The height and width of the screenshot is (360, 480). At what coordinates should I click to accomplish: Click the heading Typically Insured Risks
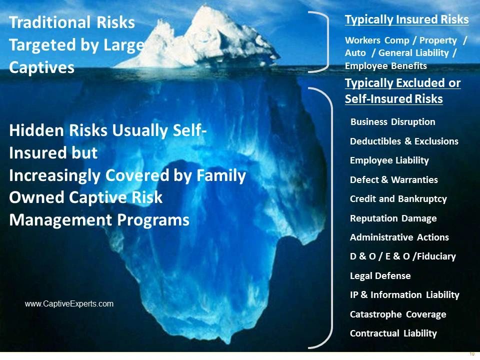pos(407,19)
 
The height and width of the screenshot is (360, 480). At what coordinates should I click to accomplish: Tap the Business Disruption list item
pos(393,122)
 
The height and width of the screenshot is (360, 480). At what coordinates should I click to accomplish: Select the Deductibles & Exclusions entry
pos(404,141)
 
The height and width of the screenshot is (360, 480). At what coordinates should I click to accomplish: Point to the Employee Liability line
pos(389,160)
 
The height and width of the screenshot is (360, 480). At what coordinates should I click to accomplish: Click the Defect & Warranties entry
pos(393,179)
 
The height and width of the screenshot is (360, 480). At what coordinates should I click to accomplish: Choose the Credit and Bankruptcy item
pos(398,199)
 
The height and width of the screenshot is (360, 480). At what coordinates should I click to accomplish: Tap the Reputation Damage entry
pos(393,218)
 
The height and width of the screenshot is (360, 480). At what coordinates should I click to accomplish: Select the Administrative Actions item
pos(399,237)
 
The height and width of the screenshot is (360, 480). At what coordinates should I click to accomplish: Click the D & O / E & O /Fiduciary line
pos(403,256)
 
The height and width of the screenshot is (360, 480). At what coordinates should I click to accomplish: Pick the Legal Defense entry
pos(380,276)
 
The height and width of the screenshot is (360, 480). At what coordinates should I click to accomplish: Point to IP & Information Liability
pos(404,295)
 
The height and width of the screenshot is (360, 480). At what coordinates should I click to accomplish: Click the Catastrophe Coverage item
pos(398,314)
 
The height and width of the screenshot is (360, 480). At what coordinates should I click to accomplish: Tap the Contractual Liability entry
pos(393,333)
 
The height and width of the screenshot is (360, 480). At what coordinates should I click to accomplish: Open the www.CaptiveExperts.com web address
pos(69,303)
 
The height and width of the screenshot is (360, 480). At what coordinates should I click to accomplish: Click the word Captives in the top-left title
pos(41,67)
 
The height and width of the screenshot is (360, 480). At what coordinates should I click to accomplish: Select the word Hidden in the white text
pos(36,130)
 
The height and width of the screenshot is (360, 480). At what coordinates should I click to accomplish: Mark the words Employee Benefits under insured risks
pos(385,66)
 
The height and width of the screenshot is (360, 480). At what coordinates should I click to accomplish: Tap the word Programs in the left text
pos(153,220)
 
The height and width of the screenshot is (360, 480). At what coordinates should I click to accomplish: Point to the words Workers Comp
pos(377,40)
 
